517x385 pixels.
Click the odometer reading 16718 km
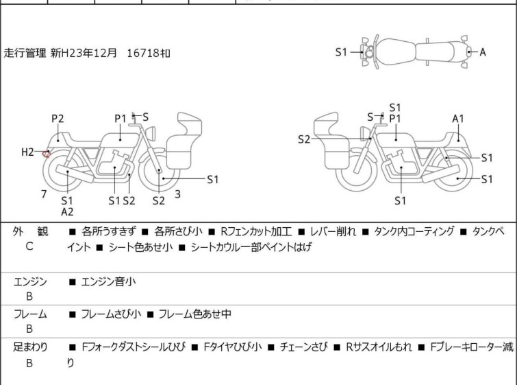[x=149, y=52]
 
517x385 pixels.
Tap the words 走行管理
[x=25, y=52]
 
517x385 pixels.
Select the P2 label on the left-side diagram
[x=58, y=119]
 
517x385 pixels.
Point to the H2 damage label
[x=27, y=152]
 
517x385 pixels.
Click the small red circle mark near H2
[x=47, y=154]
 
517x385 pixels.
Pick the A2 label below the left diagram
[x=67, y=212]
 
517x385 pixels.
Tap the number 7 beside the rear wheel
[x=44, y=194]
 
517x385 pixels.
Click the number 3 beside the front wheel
[x=177, y=194]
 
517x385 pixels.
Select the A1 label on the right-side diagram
[x=458, y=119]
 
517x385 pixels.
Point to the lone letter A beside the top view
[x=482, y=52]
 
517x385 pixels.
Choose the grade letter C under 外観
[x=29, y=246]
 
